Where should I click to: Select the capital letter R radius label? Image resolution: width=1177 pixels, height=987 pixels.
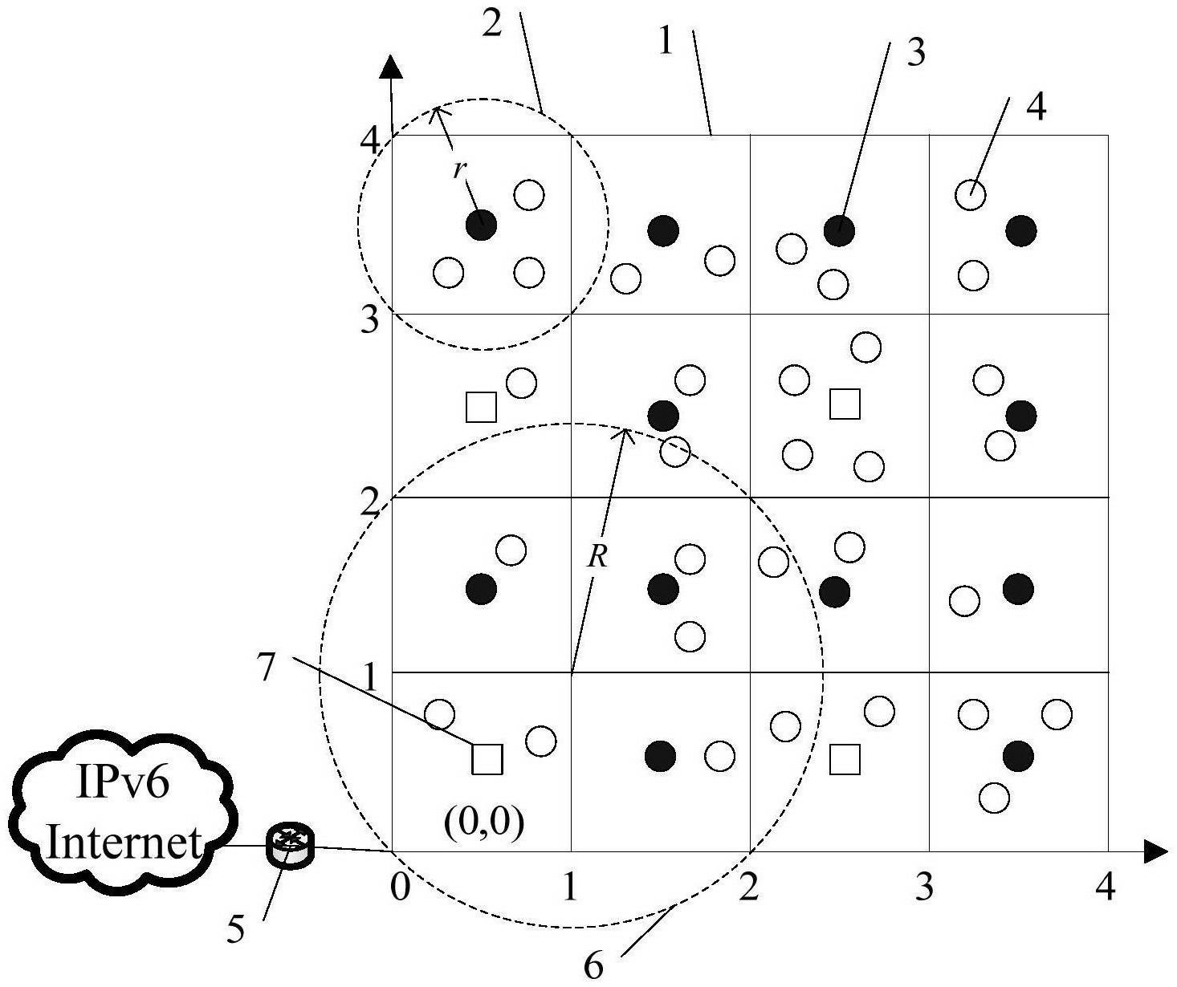click(597, 558)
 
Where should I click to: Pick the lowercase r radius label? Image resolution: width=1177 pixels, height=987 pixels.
click(458, 169)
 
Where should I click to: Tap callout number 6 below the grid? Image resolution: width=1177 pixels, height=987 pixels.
click(593, 967)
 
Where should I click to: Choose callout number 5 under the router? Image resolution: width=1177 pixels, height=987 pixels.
click(235, 928)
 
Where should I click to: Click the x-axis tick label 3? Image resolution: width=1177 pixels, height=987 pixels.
click(924, 887)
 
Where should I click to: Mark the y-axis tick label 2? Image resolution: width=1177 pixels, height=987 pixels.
click(370, 502)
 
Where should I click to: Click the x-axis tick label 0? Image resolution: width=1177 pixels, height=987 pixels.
click(400, 887)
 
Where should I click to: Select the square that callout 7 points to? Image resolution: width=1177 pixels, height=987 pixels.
click(487, 759)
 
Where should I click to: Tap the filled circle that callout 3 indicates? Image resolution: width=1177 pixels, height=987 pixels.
click(839, 230)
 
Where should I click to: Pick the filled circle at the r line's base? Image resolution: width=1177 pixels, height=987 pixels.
click(482, 225)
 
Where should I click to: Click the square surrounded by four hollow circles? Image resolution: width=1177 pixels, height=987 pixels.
click(845, 404)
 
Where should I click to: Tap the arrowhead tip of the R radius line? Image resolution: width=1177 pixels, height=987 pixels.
click(625, 429)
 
